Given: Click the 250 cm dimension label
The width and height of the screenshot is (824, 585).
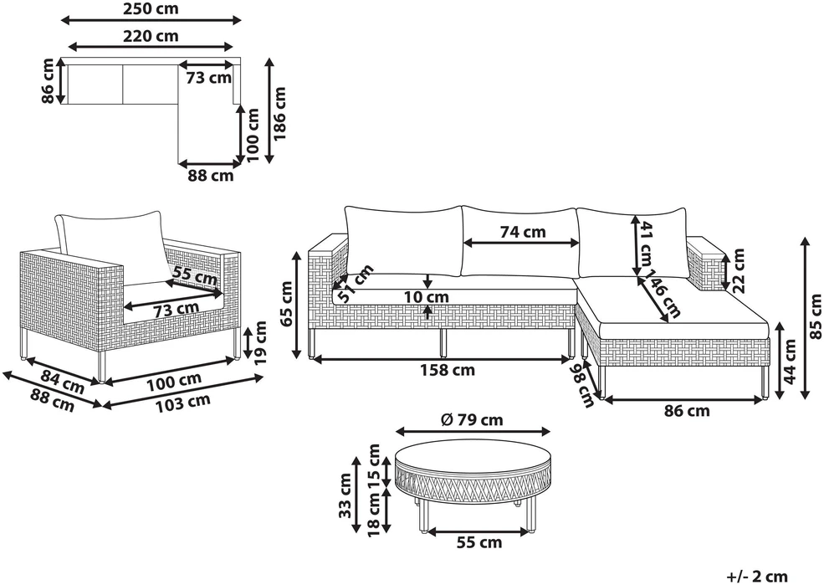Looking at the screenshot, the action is click(151, 8).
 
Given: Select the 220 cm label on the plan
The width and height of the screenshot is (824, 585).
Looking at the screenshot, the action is click(151, 36).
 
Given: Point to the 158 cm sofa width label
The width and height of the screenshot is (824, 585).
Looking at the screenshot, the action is click(448, 370).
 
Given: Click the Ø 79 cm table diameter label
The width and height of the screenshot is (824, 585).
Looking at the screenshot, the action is click(473, 420).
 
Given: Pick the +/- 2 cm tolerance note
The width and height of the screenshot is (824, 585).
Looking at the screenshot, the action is click(757, 576).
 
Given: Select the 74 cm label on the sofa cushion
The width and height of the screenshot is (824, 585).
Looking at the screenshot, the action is click(522, 232).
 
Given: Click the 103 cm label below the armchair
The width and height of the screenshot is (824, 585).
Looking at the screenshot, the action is click(184, 403).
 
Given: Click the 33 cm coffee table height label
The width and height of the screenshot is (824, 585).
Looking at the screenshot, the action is click(345, 495).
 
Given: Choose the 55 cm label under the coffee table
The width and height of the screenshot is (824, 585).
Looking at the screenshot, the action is click(479, 542).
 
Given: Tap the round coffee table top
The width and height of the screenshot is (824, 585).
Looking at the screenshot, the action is click(473, 451).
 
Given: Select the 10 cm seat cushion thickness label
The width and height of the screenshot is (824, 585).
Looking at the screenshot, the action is click(426, 297).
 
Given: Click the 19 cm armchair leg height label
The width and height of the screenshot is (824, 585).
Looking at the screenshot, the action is click(260, 342).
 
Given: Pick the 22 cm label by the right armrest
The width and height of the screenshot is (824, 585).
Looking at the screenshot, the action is click(739, 269).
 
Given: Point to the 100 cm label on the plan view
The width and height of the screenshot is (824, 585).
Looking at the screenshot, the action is click(253, 135).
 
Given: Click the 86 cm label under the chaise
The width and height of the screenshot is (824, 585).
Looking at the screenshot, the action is click(687, 410).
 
